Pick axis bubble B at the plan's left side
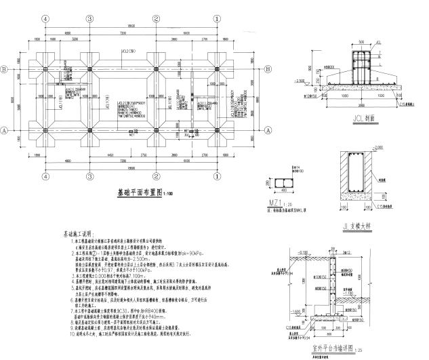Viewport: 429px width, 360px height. click(x=5, y=69)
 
